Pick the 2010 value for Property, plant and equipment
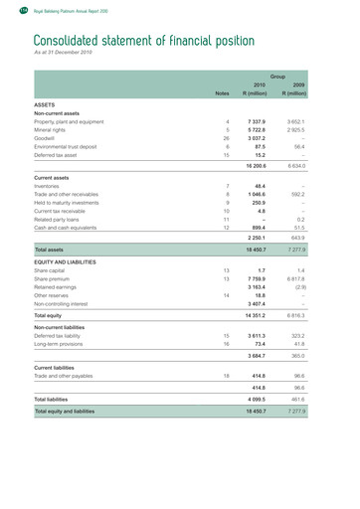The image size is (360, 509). tap(266, 121)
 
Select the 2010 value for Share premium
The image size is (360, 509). tap(266, 279)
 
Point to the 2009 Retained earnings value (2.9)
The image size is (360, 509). tap(323, 288)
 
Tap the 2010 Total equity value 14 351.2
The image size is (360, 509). tap(264, 316)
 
